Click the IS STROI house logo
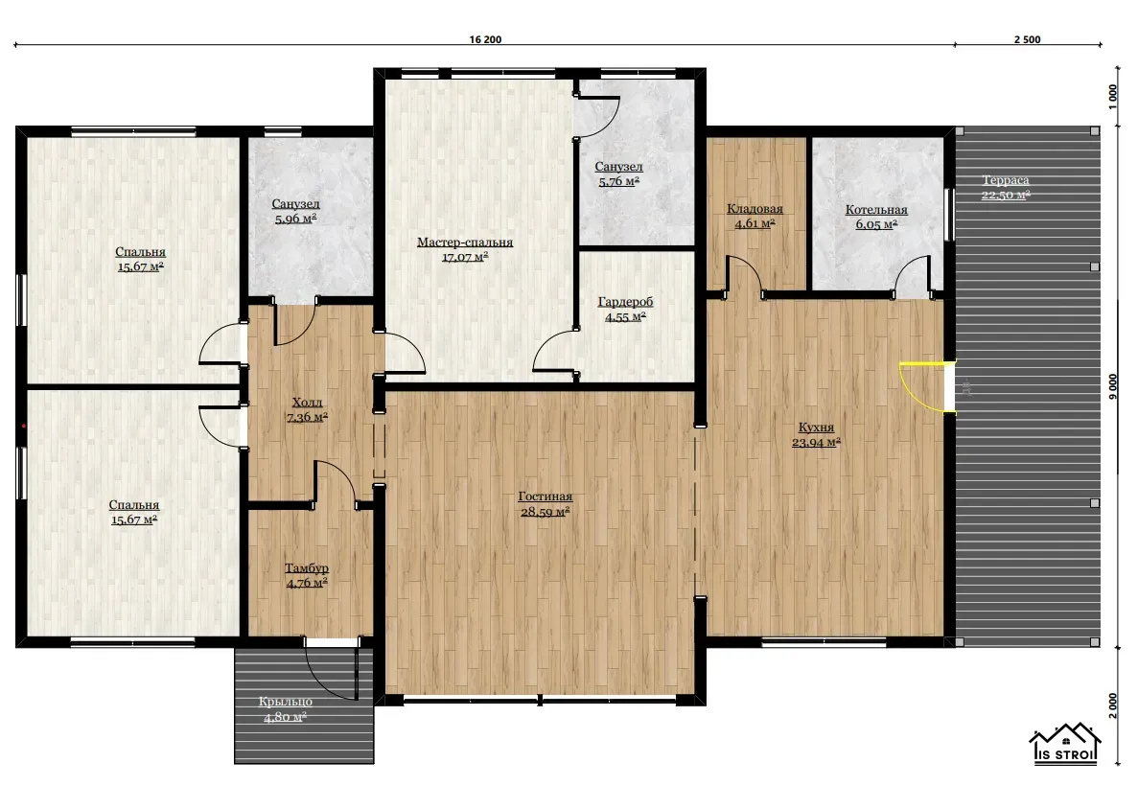[1065, 743]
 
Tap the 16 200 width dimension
[485, 39]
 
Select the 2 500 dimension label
[1027, 39]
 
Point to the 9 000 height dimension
[1113, 386]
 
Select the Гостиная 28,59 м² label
[546, 503]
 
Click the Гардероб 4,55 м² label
[626, 309]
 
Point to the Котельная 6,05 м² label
[876, 217]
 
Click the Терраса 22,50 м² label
[1006, 187]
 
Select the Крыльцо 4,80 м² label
[286, 709]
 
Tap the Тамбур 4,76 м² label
[306, 575]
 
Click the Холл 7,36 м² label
[307, 409]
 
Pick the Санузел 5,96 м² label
[295, 211]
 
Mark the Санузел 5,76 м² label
[618, 174]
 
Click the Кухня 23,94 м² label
[816, 434]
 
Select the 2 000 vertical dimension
[1113, 706]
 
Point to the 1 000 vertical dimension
[1113, 97]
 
